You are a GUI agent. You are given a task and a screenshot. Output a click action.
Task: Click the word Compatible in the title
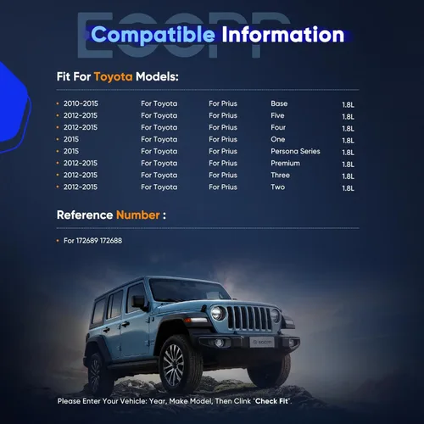tap(153, 35)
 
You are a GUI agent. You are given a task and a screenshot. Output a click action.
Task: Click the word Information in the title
tap(283, 35)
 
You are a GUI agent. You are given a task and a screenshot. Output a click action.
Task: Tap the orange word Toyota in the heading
tap(113, 77)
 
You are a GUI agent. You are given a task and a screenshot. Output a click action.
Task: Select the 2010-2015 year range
tap(81, 103)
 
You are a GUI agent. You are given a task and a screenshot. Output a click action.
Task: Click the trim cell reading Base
tap(279, 103)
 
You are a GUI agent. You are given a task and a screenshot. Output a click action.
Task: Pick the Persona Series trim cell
tap(295, 151)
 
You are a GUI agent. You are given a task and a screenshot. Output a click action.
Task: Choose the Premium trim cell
tap(285, 163)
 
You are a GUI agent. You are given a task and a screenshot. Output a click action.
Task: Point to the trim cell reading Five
tap(277, 115)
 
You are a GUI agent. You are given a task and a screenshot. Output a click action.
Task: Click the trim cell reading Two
tap(278, 187)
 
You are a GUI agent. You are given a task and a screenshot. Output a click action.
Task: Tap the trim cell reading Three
tap(280, 175)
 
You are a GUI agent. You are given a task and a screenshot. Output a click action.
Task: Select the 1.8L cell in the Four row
tap(348, 129)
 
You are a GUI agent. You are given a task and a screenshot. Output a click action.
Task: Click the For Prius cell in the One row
tap(223, 139)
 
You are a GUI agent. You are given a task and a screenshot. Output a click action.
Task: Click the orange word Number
tap(138, 215)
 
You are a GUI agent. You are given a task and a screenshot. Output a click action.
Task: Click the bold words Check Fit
tap(271, 401)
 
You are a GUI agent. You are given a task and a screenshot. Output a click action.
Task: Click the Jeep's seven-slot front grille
tap(248, 318)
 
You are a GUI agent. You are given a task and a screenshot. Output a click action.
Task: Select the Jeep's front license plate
tap(262, 342)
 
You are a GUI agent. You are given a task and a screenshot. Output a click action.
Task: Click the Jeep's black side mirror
tap(139, 302)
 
